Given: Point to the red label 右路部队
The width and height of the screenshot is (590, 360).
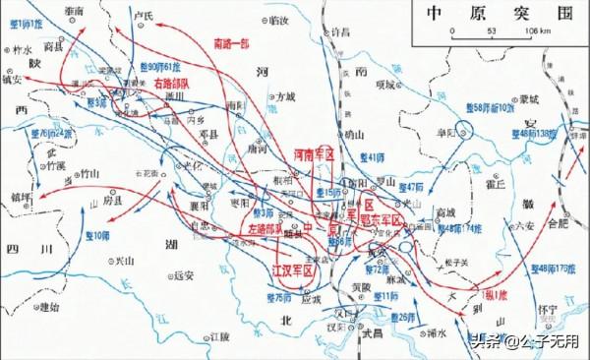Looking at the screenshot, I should click(x=147, y=85).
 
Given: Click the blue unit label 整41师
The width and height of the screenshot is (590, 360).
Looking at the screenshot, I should click(x=371, y=156).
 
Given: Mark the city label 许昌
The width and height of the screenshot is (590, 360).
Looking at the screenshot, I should click(x=339, y=32).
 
